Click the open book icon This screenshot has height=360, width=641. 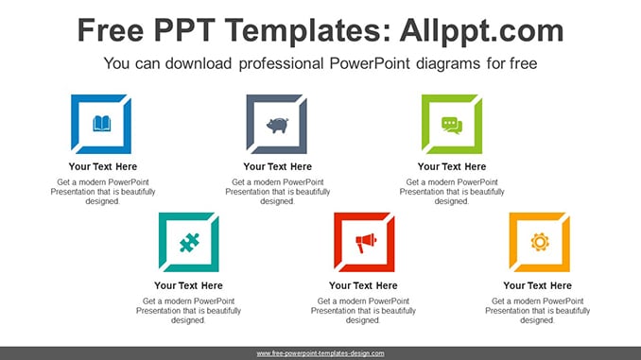(102, 124)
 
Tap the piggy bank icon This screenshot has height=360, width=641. (277, 125)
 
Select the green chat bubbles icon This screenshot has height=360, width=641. (452, 125)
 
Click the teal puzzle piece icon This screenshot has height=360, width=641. (189, 242)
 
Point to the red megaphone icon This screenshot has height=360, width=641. (365, 243)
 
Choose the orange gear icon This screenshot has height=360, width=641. (540, 242)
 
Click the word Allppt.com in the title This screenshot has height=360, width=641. (481, 30)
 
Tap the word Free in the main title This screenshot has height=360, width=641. (111, 30)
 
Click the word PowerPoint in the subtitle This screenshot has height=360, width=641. (370, 63)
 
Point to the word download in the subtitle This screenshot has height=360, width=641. (199, 63)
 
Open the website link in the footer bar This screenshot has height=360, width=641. (320, 353)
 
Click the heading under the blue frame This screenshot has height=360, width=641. (103, 166)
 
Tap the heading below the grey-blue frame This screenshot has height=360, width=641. (278, 166)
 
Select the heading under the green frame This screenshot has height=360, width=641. (452, 166)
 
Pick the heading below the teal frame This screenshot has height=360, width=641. (188, 285)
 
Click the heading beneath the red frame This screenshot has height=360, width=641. (363, 285)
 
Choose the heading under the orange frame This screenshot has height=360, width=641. (537, 285)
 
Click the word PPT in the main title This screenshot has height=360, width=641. (184, 30)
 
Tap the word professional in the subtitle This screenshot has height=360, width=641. (281, 63)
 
